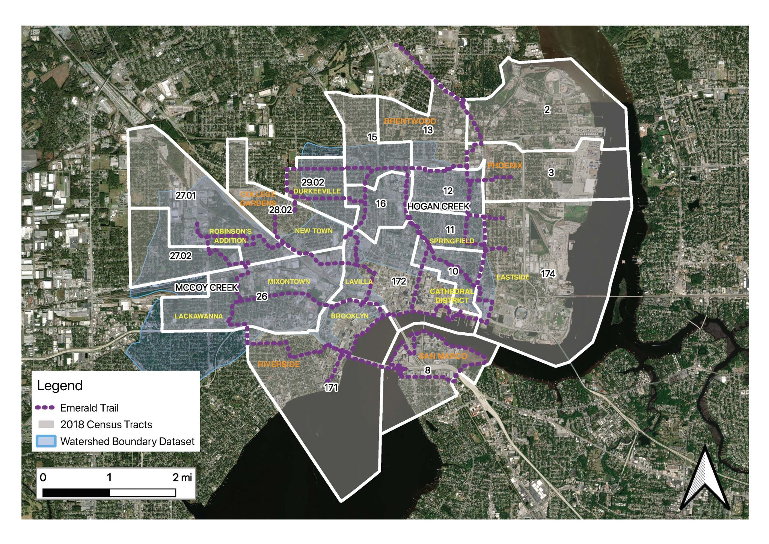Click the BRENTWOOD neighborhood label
click(x=410, y=121)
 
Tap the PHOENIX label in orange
click(x=505, y=165)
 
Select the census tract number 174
click(x=548, y=274)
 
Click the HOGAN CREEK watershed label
click(x=438, y=206)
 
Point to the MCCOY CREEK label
click(x=207, y=288)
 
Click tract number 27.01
click(x=185, y=195)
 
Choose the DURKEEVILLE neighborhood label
click(x=317, y=191)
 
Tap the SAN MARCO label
click(x=443, y=356)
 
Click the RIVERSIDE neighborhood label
click(x=279, y=364)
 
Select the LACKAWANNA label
click(x=199, y=316)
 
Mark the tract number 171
click(x=331, y=387)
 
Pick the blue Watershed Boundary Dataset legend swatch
click(x=46, y=441)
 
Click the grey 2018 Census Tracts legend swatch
click(x=46, y=424)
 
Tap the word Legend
click(x=60, y=386)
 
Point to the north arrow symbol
click(x=705, y=479)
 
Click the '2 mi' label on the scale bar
click(x=182, y=477)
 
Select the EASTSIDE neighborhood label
click(x=513, y=277)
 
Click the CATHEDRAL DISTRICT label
click(x=452, y=296)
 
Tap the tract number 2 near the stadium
click(x=547, y=109)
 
